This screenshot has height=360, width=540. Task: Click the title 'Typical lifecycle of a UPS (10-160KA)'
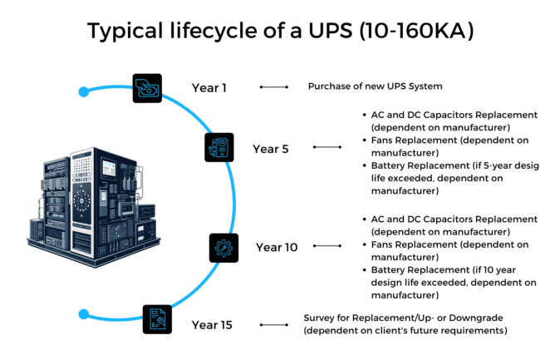270,32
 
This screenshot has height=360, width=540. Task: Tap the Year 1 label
209,86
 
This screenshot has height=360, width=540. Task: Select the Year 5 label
271,149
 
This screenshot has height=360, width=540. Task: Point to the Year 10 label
276,247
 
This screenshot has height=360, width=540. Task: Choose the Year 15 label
213,324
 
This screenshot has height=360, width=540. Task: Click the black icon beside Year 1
147,87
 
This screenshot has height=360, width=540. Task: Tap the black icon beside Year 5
219,147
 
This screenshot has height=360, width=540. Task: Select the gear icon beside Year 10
223,248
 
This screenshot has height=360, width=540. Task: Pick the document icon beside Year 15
158,318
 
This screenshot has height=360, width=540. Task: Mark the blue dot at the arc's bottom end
83,314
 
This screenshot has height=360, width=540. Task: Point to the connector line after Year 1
273,86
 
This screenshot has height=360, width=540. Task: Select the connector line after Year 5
327,148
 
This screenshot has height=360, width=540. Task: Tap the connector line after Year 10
328,247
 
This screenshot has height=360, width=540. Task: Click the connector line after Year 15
273,324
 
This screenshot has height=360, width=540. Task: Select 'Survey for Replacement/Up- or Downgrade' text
405,318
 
